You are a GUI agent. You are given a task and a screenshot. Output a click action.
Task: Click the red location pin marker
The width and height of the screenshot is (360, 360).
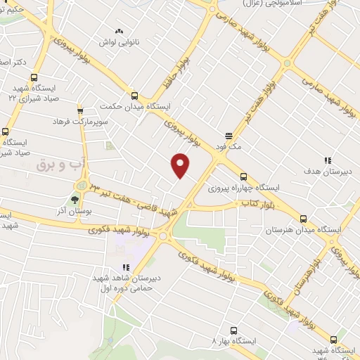(181, 165)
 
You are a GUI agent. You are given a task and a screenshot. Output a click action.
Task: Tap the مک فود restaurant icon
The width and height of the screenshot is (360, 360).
(229, 136)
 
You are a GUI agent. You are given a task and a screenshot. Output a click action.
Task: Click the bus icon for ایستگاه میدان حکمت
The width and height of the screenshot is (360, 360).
(134, 96)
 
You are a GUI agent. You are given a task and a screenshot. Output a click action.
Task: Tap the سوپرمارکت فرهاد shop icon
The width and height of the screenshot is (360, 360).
(79, 110)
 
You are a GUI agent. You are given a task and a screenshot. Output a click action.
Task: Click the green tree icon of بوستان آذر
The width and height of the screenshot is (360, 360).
(75, 199)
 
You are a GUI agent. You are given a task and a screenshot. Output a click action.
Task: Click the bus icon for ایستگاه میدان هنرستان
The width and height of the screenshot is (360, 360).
(303, 218)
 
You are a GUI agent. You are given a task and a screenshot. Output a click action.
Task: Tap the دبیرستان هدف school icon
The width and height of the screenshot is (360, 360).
(328, 160)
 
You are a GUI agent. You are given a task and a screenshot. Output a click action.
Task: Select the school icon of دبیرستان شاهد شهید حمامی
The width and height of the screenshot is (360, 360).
(126, 267)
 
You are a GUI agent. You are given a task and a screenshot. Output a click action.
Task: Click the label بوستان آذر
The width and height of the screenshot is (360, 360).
(70, 211)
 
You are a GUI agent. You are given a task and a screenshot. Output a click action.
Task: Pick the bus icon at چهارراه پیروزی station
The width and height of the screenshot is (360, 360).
(243, 177)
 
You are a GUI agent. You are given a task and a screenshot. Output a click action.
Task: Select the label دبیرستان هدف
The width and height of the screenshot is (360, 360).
(323, 171)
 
